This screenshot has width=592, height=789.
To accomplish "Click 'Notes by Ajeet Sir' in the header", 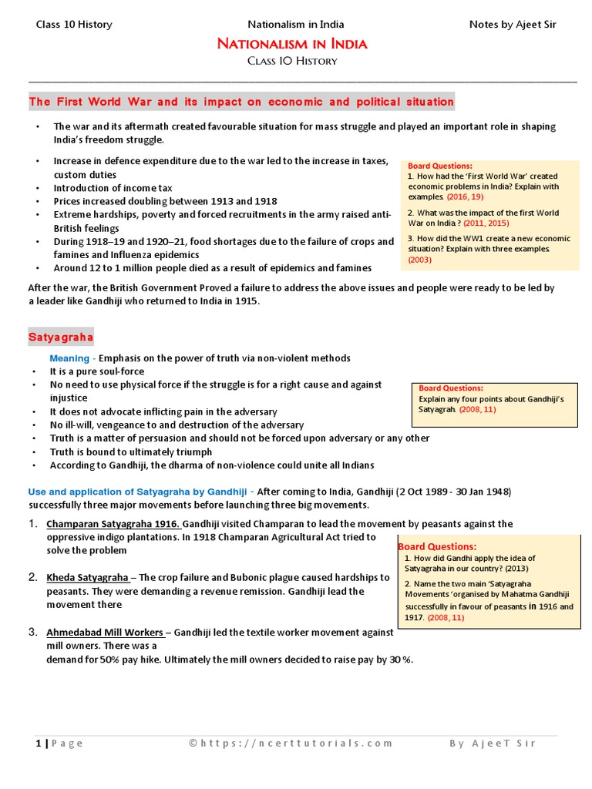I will pos(513,24).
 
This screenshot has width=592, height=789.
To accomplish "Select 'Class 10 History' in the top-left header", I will pos(74,24).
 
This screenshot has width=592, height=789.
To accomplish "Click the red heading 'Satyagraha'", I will pos(61,337).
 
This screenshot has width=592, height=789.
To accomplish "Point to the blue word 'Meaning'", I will pos(69,358).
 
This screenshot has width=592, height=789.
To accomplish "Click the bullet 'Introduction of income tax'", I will pos(113,188).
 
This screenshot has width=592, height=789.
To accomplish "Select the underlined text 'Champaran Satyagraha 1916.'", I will pos(113,524).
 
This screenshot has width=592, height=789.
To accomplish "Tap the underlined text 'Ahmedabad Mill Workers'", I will pos(104,632).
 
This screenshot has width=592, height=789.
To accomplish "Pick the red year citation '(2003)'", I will pos(420,260).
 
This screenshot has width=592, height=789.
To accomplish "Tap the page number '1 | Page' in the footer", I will pos(59,744).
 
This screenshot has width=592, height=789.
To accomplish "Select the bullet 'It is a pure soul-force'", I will pos(97,371).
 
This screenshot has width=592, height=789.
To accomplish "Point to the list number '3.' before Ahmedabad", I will pos(33,632).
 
